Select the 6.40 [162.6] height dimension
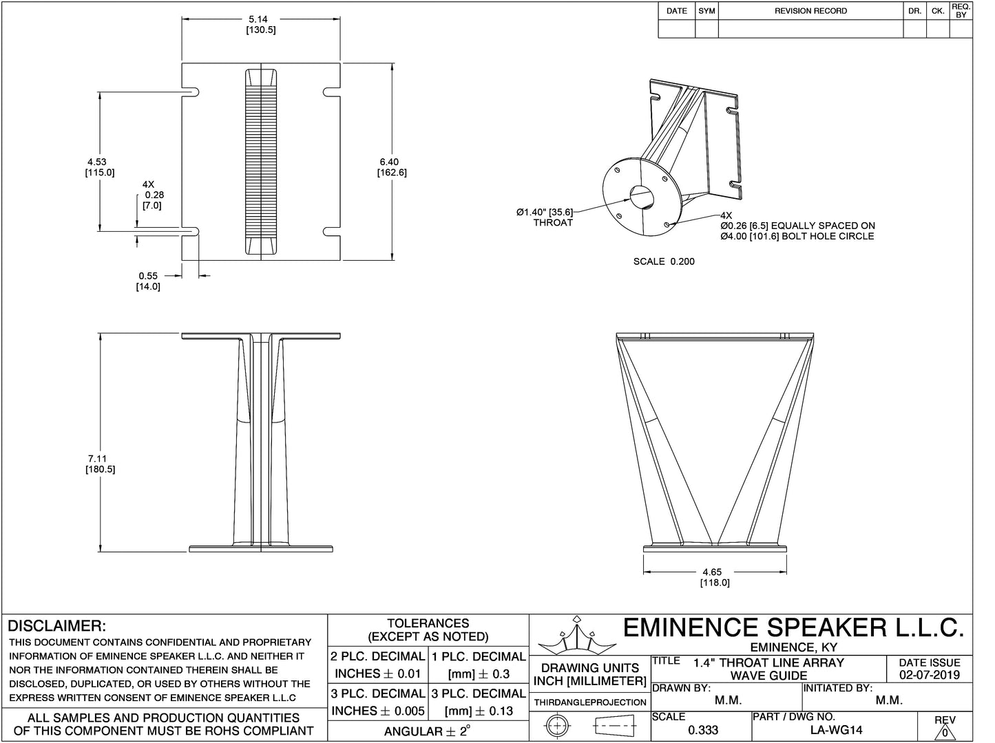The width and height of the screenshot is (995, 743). [x=391, y=167]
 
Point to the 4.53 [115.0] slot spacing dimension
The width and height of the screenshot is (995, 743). [x=99, y=167]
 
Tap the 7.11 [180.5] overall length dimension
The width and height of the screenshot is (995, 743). [x=99, y=464]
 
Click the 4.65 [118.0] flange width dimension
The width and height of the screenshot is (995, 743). [x=714, y=577]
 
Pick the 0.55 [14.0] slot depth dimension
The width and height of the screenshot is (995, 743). [x=148, y=281]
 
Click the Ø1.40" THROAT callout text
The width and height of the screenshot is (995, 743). [x=545, y=217]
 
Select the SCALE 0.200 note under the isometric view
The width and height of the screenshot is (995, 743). [x=663, y=261]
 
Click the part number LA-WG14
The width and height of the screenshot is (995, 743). [x=836, y=730]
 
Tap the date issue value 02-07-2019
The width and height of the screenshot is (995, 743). [x=929, y=675]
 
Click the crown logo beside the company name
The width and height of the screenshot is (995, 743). [x=576, y=637]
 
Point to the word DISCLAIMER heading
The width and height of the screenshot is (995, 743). [x=56, y=626]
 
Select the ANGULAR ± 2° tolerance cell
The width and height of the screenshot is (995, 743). [x=427, y=731]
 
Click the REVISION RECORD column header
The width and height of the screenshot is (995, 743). [x=810, y=11]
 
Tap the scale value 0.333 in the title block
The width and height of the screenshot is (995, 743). [x=703, y=730]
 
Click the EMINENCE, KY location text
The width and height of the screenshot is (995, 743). [x=793, y=647]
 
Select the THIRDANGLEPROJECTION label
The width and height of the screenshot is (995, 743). [x=589, y=702]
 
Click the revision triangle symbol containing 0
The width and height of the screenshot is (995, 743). [x=945, y=732]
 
